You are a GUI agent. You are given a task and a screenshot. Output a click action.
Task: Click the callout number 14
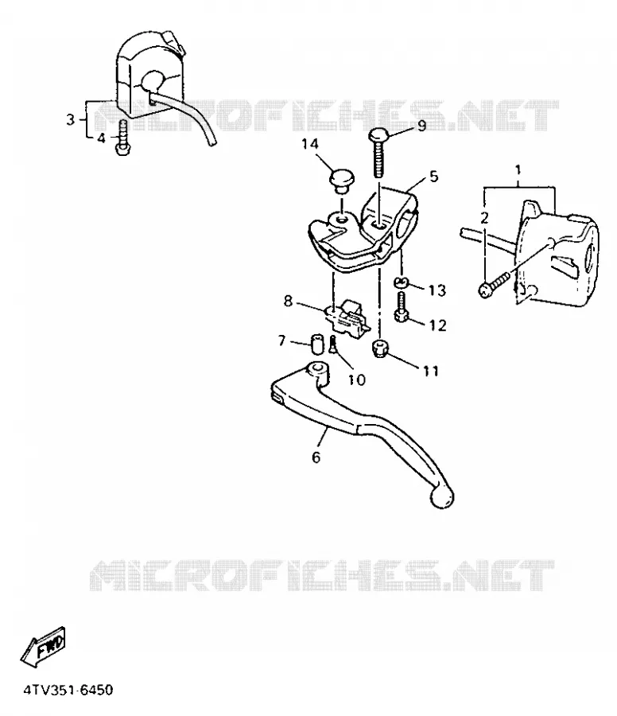coord(309,144)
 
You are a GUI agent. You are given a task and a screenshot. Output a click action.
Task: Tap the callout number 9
coord(421,126)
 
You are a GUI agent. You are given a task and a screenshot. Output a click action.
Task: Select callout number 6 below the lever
coord(316,457)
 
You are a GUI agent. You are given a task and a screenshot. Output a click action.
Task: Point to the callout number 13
coord(437,290)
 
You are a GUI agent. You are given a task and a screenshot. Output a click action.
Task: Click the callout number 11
coord(431,371)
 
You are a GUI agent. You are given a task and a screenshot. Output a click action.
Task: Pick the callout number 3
coord(70,120)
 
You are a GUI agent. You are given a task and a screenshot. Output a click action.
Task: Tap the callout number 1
coord(518,170)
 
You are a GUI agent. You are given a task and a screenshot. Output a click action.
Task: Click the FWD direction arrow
coord(44,647)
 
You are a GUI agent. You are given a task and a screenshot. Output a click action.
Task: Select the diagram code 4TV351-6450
coord(68,690)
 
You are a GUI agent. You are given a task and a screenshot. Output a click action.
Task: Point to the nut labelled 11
coord(381,348)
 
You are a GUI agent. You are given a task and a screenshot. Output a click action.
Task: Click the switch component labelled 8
coord(348,316)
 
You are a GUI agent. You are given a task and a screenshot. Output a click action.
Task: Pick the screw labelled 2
coord(495,283)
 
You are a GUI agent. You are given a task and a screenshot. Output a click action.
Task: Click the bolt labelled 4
coord(123,137)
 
